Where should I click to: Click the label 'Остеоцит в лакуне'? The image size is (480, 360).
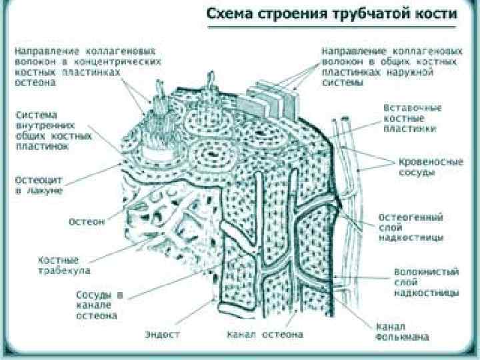pos(39,185)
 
